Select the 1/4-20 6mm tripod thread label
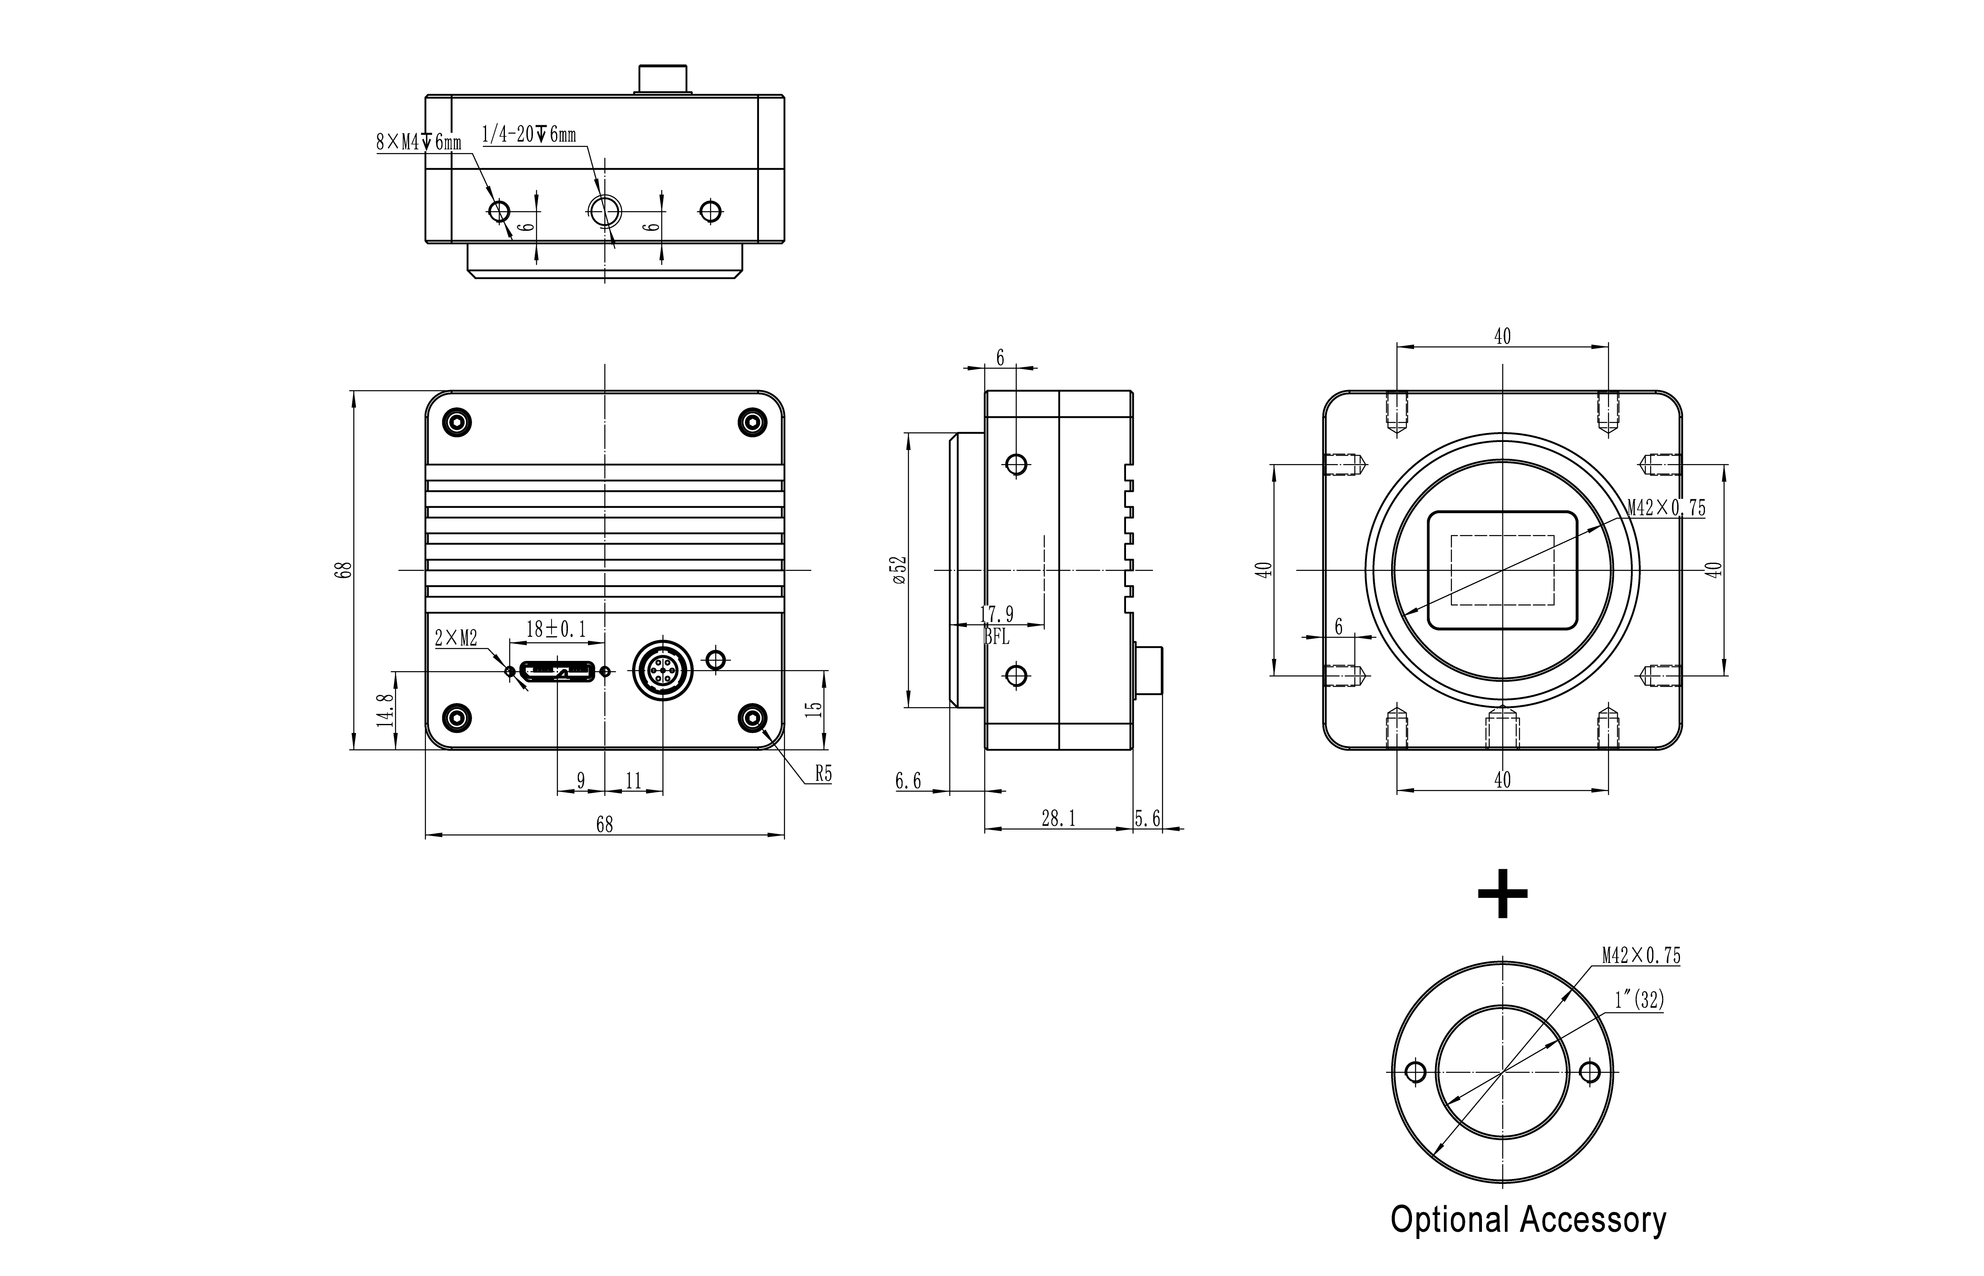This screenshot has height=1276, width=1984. click(x=529, y=134)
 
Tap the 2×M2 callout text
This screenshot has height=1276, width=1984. click(x=456, y=638)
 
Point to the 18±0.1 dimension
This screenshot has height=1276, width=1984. click(x=556, y=630)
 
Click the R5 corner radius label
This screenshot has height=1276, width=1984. click(x=822, y=774)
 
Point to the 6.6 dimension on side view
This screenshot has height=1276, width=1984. click(x=908, y=781)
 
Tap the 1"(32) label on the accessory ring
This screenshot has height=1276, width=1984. click(x=1639, y=1000)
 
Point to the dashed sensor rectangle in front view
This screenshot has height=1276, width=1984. click(x=1502, y=570)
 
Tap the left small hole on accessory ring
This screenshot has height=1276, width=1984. click(x=1416, y=1072)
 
